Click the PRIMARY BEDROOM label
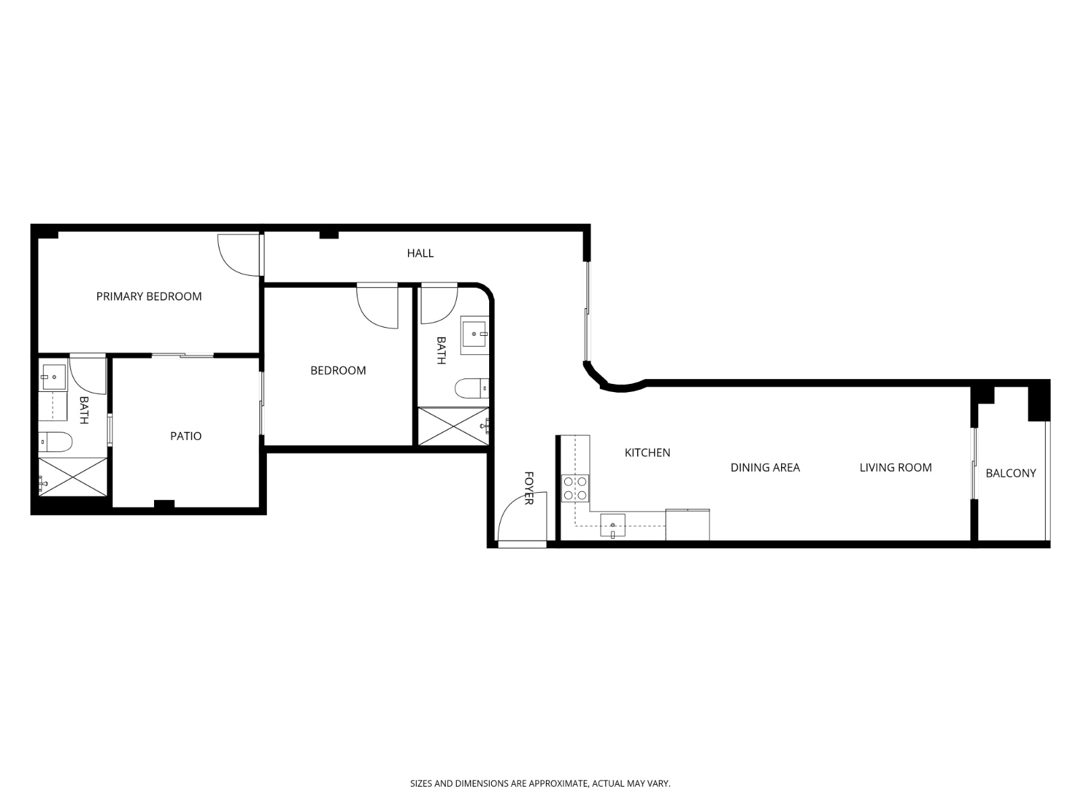pyautogui.click(x=149, y=296)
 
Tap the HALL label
pyautogui.click(x=420, y=253)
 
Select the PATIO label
pyautogui.click(x=186, y=436)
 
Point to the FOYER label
pyautogui.click(x=529, y=488)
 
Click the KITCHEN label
pyautogui.click(x=647, y=452)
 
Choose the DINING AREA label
pyautogui.click(x=765, y=467)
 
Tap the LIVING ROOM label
pyautogui.click(x=895, y=467)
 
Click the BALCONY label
pyautogui.click(x=1010, y=473)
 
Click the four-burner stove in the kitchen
pyautogui.click(x=575, y=488)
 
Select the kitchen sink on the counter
pyautogui.click(x=612, y=525)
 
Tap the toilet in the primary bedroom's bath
pyautogui.click(x=54, y=442)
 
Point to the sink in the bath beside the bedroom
pyautogui.click(x=475, y=335)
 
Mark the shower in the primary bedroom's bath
pyautogui.click(x=72, y=477)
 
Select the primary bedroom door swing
pyautogui.click(x=236, y=255)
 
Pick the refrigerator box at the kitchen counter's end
pyautogui.click(x=687, y=525)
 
